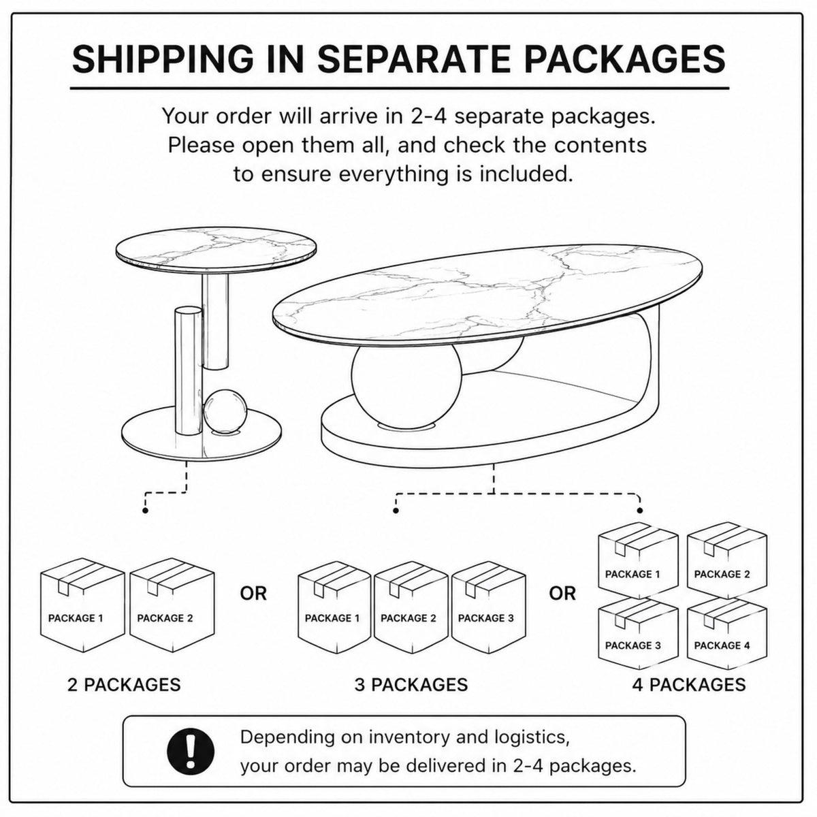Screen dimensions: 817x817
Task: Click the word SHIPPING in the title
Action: click(163, 59)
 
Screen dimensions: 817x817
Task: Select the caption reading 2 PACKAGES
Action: click(124, 685)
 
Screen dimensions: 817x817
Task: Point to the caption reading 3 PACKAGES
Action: click(411, 685)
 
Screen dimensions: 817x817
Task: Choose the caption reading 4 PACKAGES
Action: click(689, 685)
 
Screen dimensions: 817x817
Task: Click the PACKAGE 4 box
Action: click(726, 634)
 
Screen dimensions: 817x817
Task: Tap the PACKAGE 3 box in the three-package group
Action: click(488, 607)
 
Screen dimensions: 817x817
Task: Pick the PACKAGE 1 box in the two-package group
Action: click(82, 605)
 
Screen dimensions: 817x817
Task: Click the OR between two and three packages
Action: click(253, 594)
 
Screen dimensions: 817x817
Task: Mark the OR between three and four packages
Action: click(562, 594)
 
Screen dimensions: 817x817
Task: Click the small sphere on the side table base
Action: click(225, 411)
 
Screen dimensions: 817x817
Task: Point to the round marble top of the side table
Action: click(217, 250)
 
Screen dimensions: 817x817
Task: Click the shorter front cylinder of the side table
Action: click(188, 371)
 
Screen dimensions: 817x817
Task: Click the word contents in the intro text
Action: click(600, 146)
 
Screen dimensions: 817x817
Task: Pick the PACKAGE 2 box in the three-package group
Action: click(411, 607)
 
